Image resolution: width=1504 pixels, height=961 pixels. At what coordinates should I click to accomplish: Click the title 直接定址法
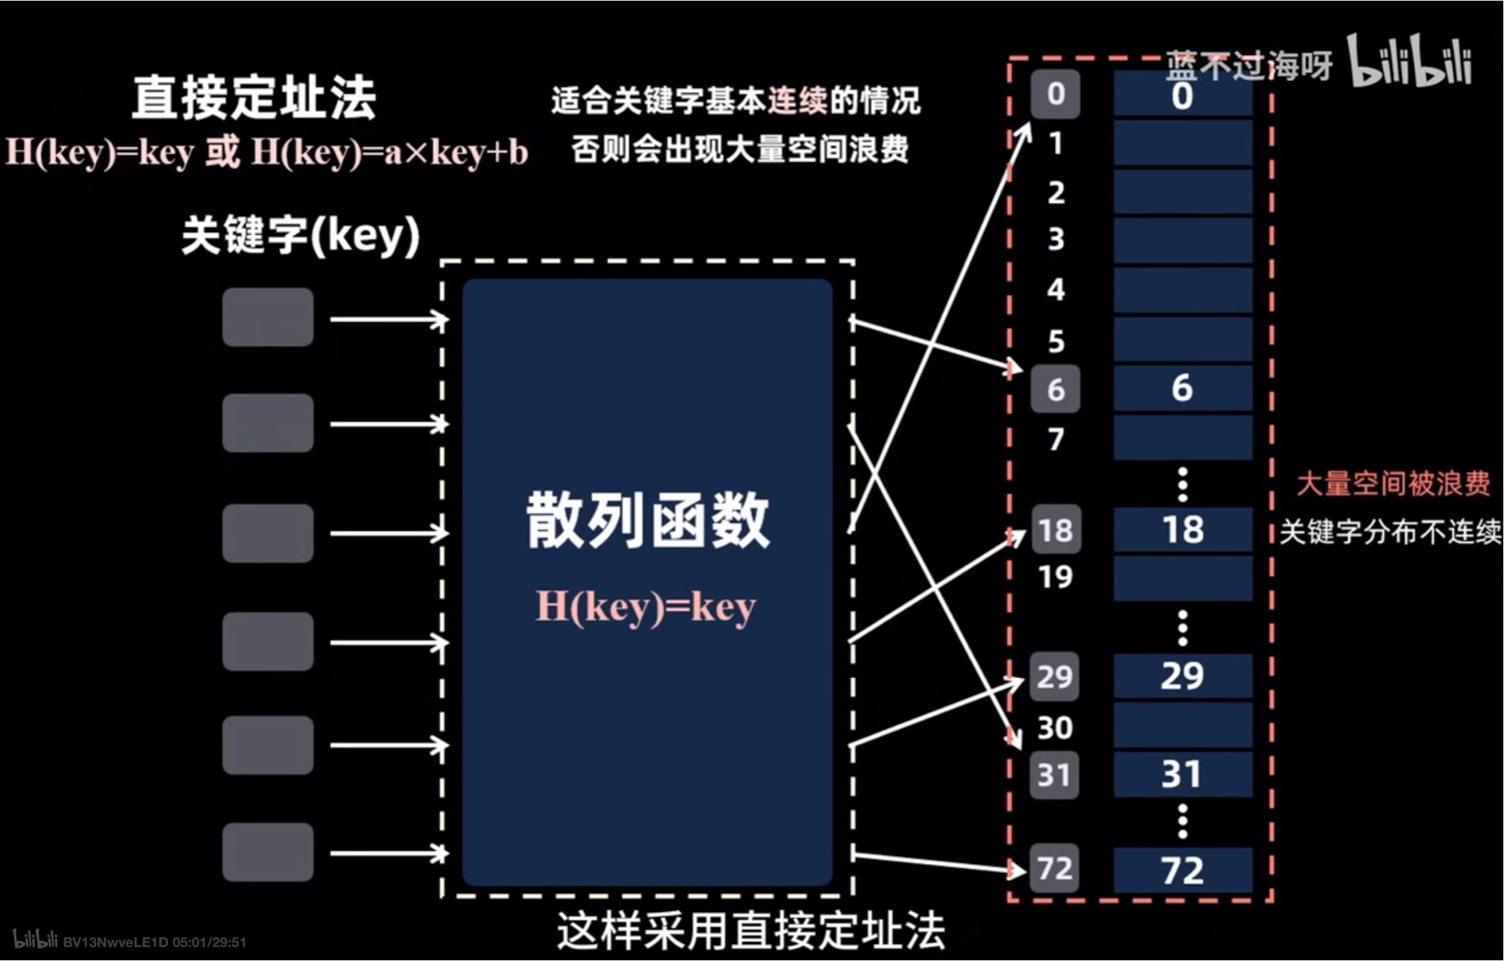(254, 98)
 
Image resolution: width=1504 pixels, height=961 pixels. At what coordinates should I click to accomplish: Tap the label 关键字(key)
(300, 236)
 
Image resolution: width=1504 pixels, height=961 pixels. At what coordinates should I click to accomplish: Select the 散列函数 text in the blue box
(648, 520)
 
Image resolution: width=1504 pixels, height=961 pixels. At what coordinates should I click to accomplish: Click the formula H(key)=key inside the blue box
(645, 607)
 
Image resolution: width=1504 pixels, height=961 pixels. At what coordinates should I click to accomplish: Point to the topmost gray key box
(268, 317)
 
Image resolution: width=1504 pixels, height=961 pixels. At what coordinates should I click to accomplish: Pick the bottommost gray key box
(268, 852)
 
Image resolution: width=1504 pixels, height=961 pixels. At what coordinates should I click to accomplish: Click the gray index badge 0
(1055, 94)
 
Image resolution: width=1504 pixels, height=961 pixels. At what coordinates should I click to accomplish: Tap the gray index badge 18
(1055, 530)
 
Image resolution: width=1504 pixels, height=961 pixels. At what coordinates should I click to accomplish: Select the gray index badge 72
(1054, 869)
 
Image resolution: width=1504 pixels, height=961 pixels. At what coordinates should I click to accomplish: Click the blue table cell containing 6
(1183, 388)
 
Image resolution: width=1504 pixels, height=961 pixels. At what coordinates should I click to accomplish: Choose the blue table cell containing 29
(1183, 676)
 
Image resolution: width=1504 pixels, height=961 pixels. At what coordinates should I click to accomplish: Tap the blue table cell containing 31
(1183, 774)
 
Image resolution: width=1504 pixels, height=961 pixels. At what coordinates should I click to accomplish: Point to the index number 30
(1054, 728)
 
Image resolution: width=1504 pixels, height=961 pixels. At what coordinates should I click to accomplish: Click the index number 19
(1055, 577)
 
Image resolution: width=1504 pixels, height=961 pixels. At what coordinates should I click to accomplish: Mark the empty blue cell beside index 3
(1183, 240)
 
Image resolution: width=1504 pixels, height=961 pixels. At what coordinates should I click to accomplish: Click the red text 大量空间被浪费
(1393, 484)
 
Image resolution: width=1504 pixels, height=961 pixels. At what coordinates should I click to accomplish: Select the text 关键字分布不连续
(1390, 532)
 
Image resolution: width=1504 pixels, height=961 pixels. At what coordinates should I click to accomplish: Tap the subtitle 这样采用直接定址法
(750, 931)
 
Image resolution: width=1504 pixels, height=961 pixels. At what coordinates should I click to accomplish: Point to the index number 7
(1056, 438)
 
